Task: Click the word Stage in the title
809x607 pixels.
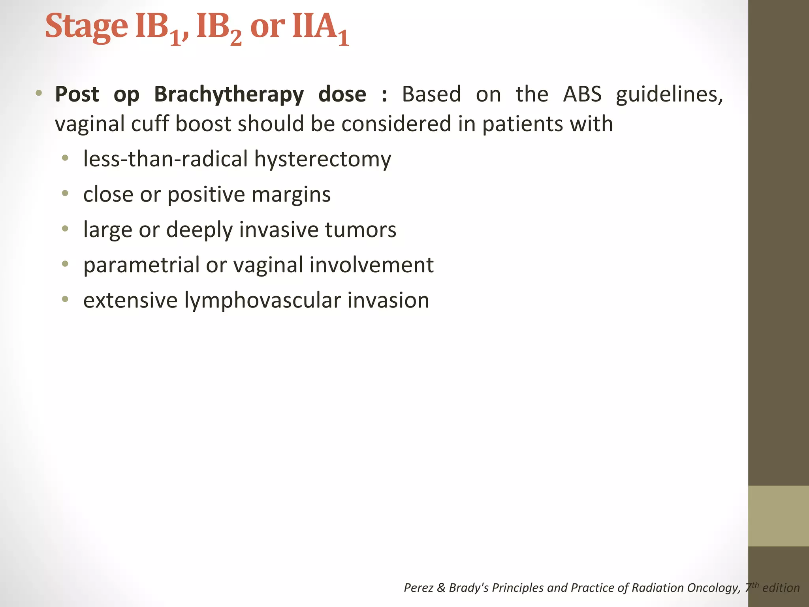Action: click(86, 27)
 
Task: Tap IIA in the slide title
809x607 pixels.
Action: click(314, 27)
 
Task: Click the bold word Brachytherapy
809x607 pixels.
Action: click(229, 94)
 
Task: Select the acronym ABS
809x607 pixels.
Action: click(582, 94)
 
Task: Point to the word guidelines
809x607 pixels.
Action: click(669, 95)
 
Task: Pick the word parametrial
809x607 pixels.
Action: click(141, 265)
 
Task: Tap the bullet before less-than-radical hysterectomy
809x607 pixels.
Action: click(65, 159)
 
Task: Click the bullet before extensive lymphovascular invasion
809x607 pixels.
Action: click(65, 300)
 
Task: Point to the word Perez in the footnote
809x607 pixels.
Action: click(419, 588)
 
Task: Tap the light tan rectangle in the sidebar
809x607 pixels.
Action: click(778, 516)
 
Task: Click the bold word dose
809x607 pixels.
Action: click(342, 94)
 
